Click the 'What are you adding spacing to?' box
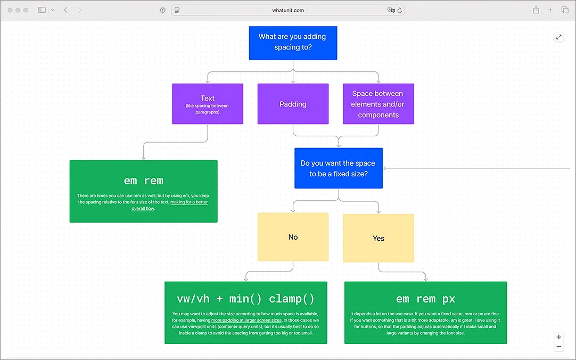pyautogui.click(x=293, y=43)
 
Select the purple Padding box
pyautogui.click(x=293, y=104)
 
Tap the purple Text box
pyautogui.click(x=208, y=104)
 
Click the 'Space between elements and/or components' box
pyautogui.click(x=378, y=104)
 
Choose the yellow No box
pyautogui.click(x=293, y=237)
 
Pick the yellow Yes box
pyautogui.click(x=378, y=238)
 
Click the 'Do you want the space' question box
pyautogui.click(x=339, y=168)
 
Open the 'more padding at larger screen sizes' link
pyautogui.click(x=246, y=321)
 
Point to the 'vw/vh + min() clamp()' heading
pyautogui.click(x=246, y=299)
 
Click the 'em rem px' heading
pyautogui.click(x=425, y=299)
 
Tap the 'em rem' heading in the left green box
pyautogui.click(x=143, y=181)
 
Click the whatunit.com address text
pyautogui.click(x=288, y=10)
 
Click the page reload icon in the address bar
pyautogui.click(x=400, y=10)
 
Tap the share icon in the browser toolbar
pyautogui.click(x=536, y=10)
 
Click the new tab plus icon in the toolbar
pyautogui.click(x=550, y=10)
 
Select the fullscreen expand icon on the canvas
pyautogui.click(x=559, y=37)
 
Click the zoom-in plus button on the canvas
pyautogui.click(x=559, y=337)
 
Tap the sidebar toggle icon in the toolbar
pyautogui.click(x=42, y=10)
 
